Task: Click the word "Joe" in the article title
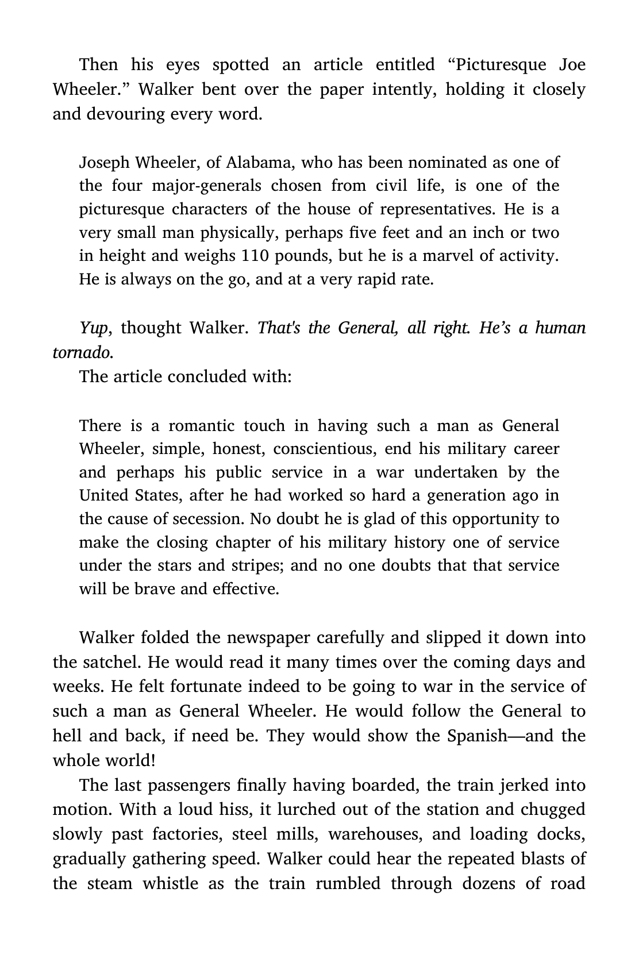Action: pos(572,64)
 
